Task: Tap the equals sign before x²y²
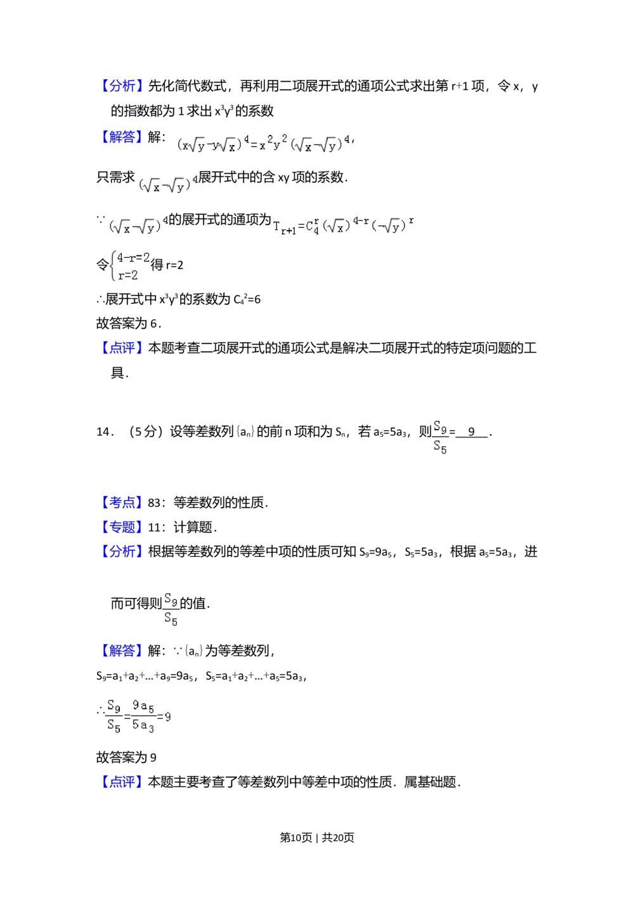point(252,146)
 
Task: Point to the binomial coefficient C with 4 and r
point(313,227)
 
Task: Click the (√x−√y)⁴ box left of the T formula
point(138,226)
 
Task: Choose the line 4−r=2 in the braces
point(133,258)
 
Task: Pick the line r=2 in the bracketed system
point(127,276)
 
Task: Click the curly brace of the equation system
point(112,266)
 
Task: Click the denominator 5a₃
point(143,725)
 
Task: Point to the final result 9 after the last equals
point(167,717)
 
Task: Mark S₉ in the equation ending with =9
point(114,706)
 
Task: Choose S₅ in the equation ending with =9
point(114,726)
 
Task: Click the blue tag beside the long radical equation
point(122,137)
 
